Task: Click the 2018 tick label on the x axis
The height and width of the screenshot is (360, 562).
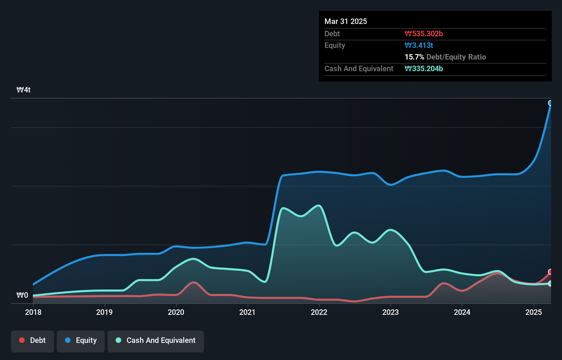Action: coord(33,312)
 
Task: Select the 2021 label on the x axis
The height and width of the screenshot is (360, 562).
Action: coord(247,312)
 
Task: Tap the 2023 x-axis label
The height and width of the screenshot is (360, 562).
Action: coord(391,312)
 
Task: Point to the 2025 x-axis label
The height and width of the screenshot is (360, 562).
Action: coord(534,312)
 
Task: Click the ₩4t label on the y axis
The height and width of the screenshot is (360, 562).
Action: coord(24,90)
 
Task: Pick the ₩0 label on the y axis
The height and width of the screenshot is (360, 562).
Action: coord(22,295)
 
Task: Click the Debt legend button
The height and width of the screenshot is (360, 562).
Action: coord(33,340)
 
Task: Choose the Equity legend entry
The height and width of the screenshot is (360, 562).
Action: coord(81,340)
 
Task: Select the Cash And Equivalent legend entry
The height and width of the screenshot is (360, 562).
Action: coord(156,340)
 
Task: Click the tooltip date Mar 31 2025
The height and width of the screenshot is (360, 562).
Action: coord(346,21)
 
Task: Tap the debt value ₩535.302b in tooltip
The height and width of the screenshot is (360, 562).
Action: coord(424,34)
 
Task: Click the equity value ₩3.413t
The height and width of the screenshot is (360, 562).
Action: coord(419,45)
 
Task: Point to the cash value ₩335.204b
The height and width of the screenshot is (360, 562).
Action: coord(424,68)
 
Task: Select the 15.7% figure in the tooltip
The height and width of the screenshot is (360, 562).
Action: coord(414,57)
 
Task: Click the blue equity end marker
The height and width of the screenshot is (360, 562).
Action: coord(550,103)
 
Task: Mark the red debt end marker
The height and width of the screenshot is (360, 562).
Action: coord(550,272)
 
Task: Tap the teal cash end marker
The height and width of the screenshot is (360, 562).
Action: coord(550,283)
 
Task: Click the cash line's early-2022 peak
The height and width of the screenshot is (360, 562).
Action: coord(319,206)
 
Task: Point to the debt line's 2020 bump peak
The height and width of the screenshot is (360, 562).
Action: coord(194,282)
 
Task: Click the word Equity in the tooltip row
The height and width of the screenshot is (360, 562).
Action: coord(335,45)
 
